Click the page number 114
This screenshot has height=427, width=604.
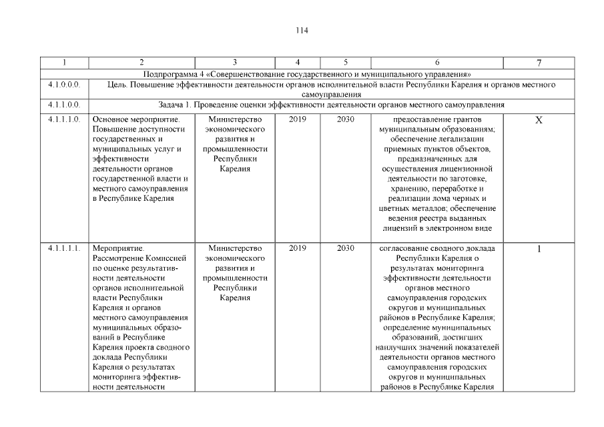302,30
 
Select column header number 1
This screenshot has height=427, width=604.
64,63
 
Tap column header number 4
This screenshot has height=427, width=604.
297,63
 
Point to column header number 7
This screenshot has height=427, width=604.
539,63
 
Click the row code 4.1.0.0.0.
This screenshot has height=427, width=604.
64,85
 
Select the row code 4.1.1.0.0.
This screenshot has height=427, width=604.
64,105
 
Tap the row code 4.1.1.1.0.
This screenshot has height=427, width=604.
64,119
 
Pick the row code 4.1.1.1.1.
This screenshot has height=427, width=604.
64,249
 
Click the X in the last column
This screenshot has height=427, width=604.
539,120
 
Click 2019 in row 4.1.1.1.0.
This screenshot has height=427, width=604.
297,119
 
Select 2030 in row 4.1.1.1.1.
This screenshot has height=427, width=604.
345,249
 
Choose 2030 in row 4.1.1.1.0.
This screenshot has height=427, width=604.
345,119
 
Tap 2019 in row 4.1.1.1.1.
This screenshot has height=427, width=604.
297,249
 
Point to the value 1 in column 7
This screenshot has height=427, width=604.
539,250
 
